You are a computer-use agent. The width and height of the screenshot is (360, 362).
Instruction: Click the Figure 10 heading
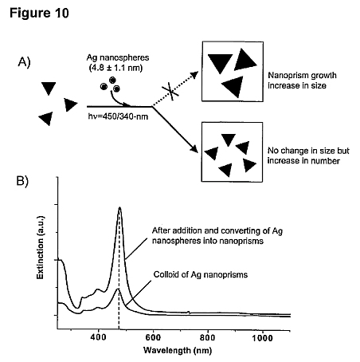(39, 13)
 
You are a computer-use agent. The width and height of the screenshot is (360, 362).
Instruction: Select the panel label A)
(24, 62)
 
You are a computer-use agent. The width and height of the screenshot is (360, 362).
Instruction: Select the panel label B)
(22, 181)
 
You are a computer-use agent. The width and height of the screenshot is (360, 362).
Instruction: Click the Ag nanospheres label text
(118, 57)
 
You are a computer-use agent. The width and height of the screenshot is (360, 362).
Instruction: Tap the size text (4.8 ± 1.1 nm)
(115, 68)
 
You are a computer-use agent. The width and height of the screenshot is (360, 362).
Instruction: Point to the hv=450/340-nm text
(118, 116)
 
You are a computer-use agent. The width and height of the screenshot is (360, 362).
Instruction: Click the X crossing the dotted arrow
(170, 92)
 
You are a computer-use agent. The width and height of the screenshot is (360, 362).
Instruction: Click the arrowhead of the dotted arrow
(195, 74)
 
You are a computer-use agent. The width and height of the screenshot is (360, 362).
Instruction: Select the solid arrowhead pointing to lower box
(194, 149)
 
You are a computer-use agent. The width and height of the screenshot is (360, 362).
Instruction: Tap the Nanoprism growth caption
(302, 81)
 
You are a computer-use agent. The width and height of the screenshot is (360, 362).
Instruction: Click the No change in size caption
(308, 155)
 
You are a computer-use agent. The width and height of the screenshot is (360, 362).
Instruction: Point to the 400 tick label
(98, 337)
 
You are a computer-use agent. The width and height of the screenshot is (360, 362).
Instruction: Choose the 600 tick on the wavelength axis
(153, 337)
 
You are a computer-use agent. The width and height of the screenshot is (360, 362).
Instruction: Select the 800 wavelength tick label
(207, 337)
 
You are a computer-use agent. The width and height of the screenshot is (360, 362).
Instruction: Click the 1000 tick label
(263, 337)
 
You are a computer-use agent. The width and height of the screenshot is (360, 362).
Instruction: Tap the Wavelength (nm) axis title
(178, 350)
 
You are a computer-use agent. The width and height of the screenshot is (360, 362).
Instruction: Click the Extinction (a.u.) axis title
(40, 247)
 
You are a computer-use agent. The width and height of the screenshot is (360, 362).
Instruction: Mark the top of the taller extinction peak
(119, 207)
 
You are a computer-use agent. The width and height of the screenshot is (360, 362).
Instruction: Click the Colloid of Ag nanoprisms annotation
(201, 274)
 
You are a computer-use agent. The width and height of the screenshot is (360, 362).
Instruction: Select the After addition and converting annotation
(217, 235)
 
